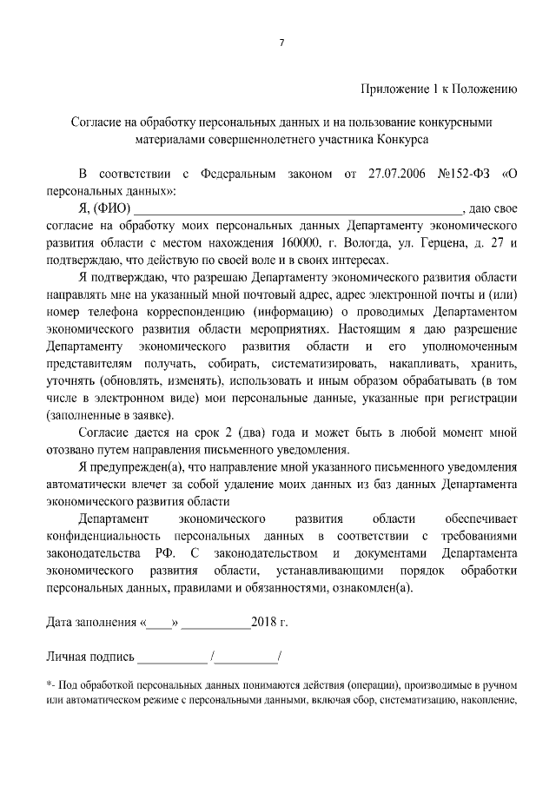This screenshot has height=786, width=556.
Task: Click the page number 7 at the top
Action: (281, 45)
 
